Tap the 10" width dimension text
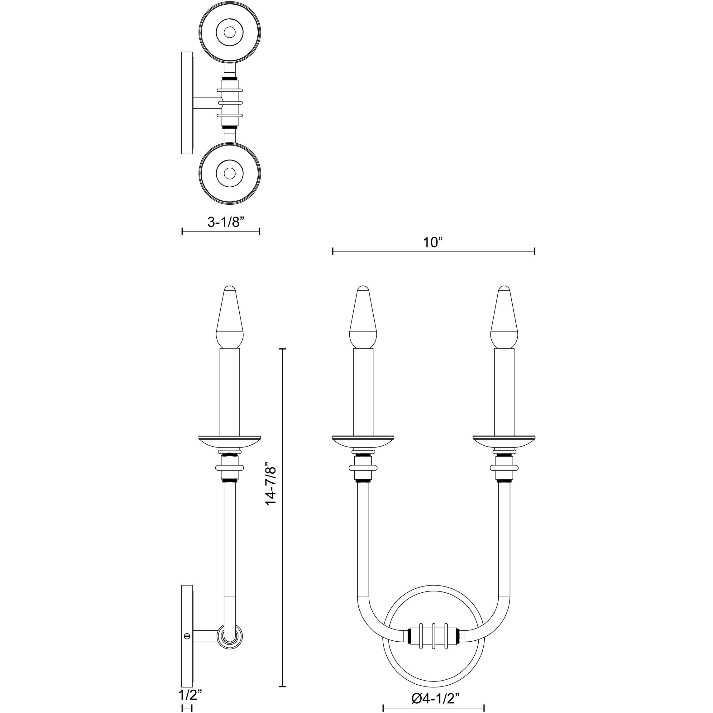(433, 242)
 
